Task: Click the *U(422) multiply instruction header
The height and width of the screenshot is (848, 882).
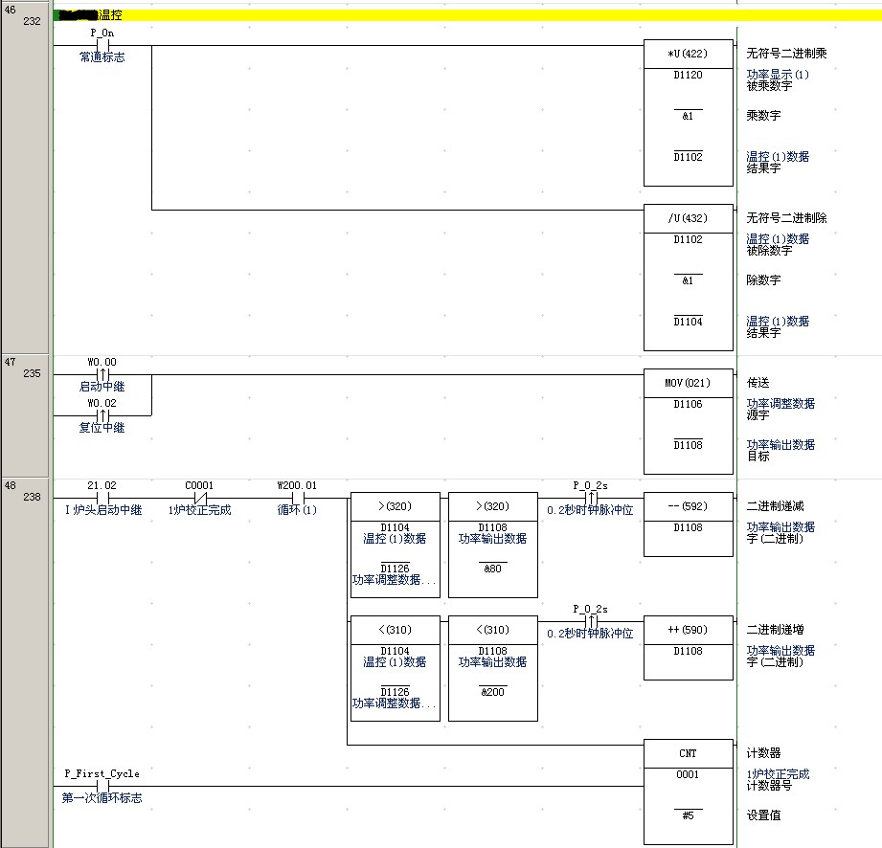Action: [688, 54]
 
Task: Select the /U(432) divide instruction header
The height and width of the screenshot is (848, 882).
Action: [688, 218]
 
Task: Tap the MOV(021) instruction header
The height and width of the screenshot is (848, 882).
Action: [688, 383]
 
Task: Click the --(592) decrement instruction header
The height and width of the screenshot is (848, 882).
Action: [688, 506]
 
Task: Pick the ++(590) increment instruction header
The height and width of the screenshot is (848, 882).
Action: [688, 630]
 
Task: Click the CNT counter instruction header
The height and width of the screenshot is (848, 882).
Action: [688, 753]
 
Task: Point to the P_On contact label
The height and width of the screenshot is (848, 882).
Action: [102, 33]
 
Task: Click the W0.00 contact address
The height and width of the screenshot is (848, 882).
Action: [101, 362]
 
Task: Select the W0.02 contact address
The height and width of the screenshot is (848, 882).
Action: [101, 403]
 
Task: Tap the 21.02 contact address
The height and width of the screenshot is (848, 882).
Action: [101, 485]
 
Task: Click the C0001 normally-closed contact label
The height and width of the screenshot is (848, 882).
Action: [198, 485]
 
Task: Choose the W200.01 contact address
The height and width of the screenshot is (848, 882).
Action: [297, 485]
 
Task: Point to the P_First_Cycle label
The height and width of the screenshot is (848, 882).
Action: [102, 773]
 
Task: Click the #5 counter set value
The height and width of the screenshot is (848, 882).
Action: [688, 815]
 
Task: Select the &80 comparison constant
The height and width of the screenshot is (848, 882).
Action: [492, 569]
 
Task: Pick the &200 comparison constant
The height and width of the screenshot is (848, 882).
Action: [492, 692]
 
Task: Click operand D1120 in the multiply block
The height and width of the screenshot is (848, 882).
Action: [688, 75]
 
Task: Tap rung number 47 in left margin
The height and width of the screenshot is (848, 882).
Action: [11, 365]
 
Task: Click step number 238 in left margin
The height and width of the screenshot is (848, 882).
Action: [31, 498]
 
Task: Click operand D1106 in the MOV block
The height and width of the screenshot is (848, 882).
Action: [688, 404]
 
